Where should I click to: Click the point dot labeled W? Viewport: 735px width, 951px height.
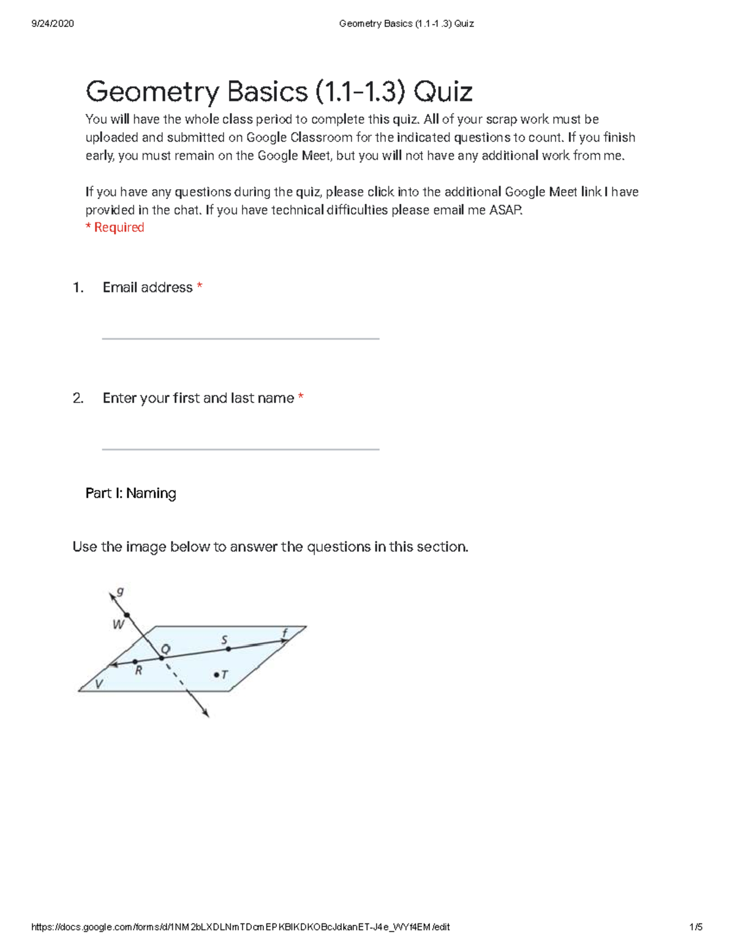[127, 615]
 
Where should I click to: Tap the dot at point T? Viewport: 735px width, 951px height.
[216, 675]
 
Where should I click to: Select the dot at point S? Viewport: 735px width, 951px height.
[228, 648]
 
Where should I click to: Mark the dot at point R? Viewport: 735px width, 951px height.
[135, 661]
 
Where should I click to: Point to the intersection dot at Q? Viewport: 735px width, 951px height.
[162, 658]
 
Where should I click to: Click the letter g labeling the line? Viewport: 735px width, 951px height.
[120, 591]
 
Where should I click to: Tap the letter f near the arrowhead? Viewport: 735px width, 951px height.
[285, 633]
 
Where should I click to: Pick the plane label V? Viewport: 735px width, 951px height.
[99, 683]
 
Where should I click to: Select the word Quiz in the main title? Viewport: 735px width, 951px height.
[443, 92]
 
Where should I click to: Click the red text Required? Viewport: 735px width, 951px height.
[119, 228]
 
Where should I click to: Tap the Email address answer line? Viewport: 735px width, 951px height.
[240, 337]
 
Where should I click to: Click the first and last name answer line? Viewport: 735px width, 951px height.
[240, 448]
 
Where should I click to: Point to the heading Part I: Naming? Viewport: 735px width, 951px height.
[130, 493]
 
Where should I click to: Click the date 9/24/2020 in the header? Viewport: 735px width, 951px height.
[53, 24]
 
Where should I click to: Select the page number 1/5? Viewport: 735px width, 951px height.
[695, 927]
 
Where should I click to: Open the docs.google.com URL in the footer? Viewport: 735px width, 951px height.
[240, 927]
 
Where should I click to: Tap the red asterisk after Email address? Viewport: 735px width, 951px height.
[200, 287]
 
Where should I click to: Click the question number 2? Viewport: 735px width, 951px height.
[78, 398]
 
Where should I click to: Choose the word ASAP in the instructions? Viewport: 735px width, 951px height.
[505, 210]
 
